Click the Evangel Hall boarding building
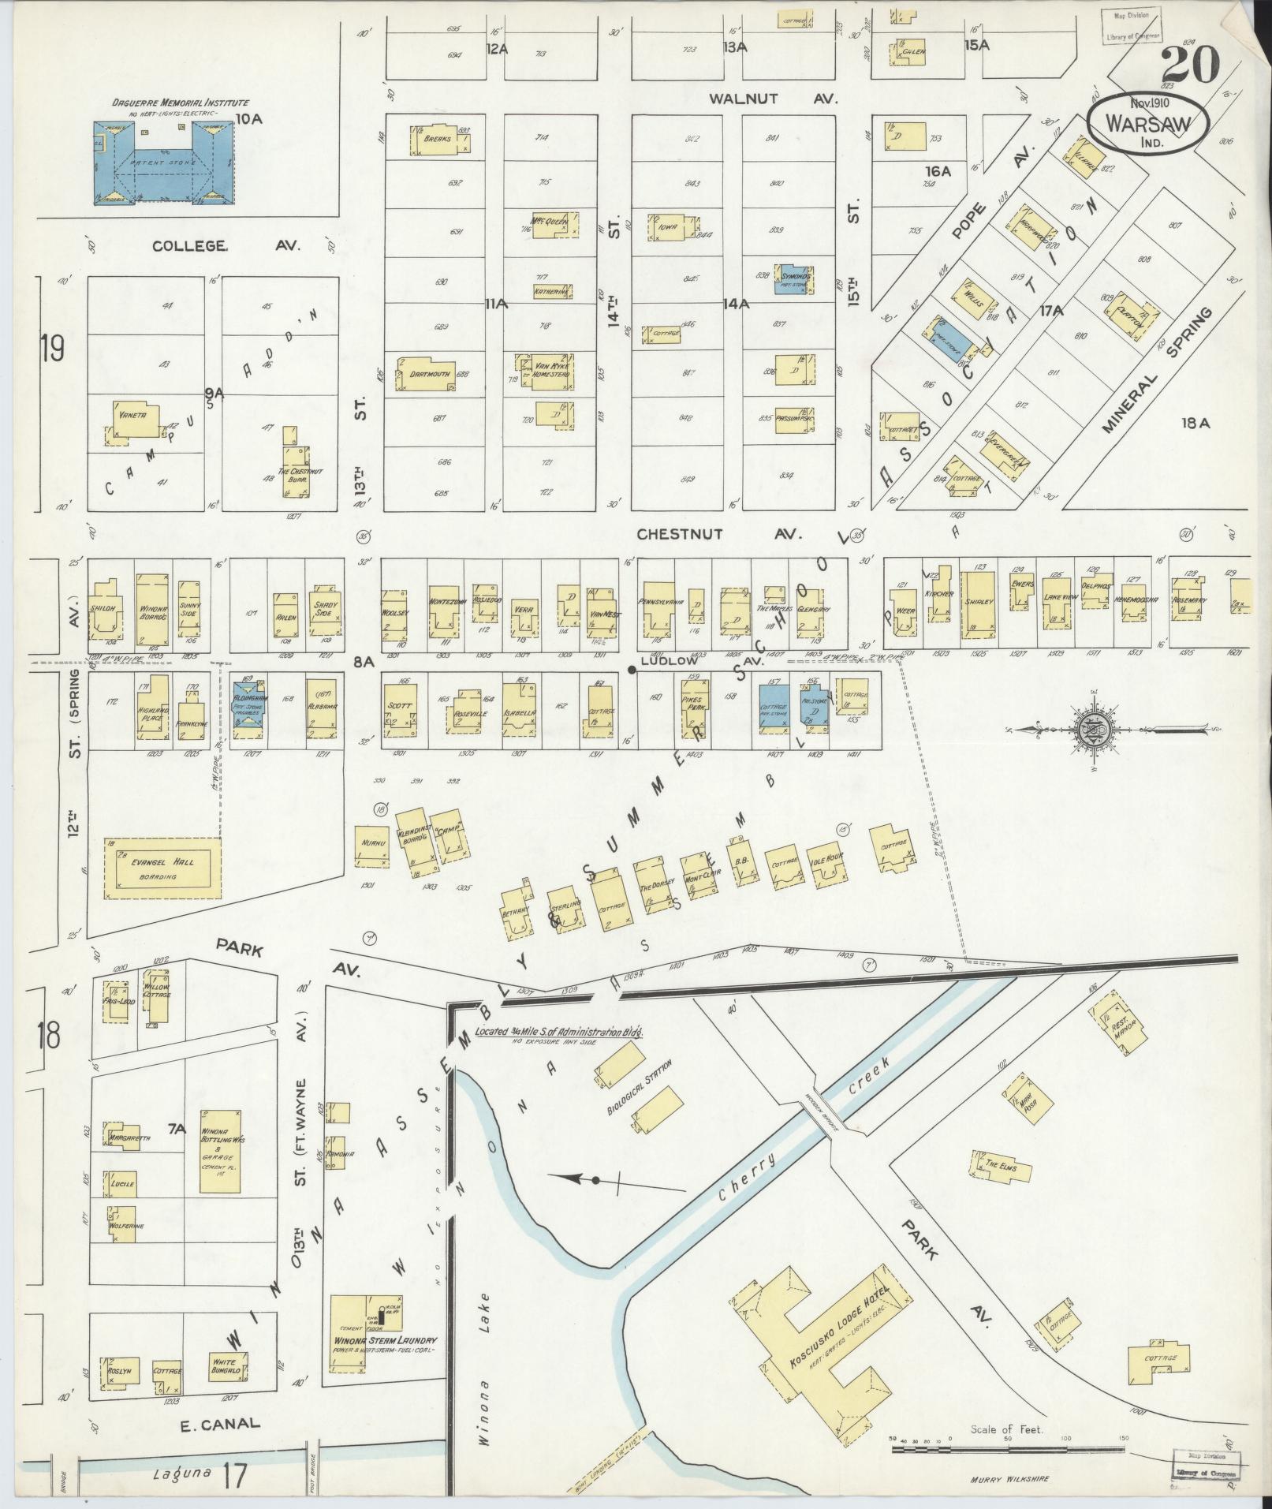click(163, 868)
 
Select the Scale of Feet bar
click(1007, 1439)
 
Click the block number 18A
click(1194, 424)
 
